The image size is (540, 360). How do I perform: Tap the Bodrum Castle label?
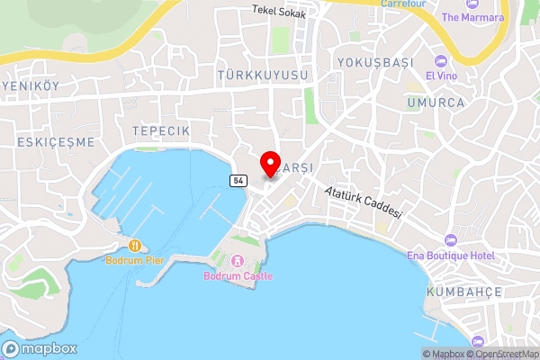[x=238, y=275]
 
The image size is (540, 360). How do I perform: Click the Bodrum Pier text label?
[x=135, y=260]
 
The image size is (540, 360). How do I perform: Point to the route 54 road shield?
[x=238, y=181]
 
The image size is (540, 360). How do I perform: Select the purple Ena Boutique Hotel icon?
[x=451, y=240]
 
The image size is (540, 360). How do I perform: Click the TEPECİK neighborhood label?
[x=161, y=130]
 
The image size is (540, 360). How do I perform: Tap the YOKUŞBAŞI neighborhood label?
[x=373, y=62]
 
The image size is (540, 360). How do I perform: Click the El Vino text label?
[x=442, y=76]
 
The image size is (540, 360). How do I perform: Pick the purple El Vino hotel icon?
[x=441, y=60]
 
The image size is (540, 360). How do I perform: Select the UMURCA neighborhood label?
[x=436, y=103]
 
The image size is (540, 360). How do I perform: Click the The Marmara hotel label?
[x=475, y=17]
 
